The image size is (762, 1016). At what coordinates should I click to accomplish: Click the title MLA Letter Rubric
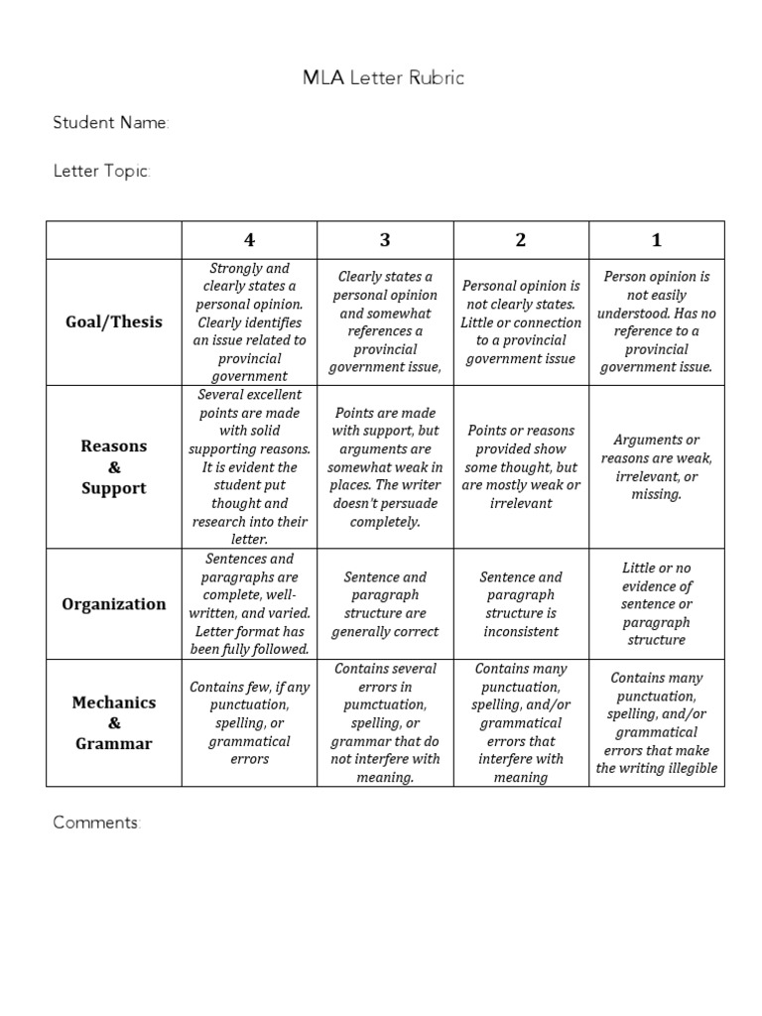click(383, 78)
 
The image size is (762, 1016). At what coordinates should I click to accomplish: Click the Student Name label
click(110, 124)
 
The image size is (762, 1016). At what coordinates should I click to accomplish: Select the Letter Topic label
click(101, 172)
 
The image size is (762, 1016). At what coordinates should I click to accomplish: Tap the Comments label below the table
click(97, 823)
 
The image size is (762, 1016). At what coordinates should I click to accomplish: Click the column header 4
click(249, 240)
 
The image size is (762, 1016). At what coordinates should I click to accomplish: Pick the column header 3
click(385, 240)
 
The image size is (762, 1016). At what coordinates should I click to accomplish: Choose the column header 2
click(521, 240)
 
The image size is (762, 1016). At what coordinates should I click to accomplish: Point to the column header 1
click(657, 240)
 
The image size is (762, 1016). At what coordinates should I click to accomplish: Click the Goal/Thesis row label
click(113, 322)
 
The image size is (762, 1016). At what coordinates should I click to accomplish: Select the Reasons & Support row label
click(113, 467)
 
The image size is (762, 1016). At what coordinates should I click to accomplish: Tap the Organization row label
click(113, 604)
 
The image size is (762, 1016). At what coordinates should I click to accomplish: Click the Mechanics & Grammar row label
click(113, 722)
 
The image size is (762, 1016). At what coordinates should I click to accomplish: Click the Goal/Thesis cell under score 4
click(249, 322)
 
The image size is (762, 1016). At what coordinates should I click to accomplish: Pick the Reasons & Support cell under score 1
click(657, 467)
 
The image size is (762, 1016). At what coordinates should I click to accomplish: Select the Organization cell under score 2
click(521, 604)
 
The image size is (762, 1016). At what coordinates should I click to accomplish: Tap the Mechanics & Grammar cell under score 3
click(385, 722)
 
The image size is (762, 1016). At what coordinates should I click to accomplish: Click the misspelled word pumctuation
click(385, 705)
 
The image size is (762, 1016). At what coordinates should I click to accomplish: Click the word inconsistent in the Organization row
click(521, 632)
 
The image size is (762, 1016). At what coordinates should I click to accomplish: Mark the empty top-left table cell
click(113, 240)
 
